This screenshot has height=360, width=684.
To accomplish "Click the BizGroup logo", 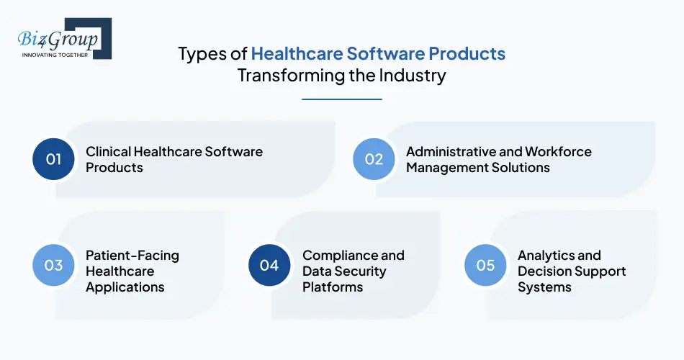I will pyautogui.click(x=60, y=38).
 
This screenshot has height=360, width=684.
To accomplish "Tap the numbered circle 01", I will pyautogui.click(x=54, y=159).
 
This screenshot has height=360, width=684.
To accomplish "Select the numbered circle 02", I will pyautogui.click(x=374, y=159).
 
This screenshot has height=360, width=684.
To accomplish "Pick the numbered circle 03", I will pyautogui.click(x=54, y=265).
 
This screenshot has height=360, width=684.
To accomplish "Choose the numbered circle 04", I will pyautogui.click(x=269, y=265).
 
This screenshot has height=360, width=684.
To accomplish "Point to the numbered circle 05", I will pyautogui.click(x=486, y=265).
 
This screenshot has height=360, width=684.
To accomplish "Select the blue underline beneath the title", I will pyautogui.click(x=341, y=99).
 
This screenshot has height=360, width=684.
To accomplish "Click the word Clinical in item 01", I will pyautogui.click(x=108, y=151).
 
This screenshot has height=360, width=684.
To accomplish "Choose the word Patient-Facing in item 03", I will pyautogui.click(x=132, y=255).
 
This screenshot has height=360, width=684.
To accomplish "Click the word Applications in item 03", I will pyautogui.click(x=125, y=287).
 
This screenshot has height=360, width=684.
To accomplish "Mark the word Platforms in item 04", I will pyautogui.click(x=333, y=287).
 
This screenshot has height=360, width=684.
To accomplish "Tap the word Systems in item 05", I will pyautogui.click(x=544, y=287).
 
